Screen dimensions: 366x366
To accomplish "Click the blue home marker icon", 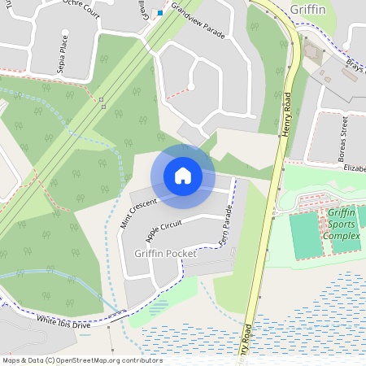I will pyautogui.click(x=182, y=175).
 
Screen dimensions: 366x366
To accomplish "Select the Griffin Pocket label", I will pyautogui.click(x=160, y=254).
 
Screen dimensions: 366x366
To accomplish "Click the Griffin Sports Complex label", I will pyautogui.click(x=342, y=224).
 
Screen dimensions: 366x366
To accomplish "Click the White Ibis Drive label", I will pyautogui.click(x=63, y=321).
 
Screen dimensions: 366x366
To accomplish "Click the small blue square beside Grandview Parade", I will pyautogui.click(x=160, y=13).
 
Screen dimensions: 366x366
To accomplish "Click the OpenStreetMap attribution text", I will pyautogui.click(x=82, y=359).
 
